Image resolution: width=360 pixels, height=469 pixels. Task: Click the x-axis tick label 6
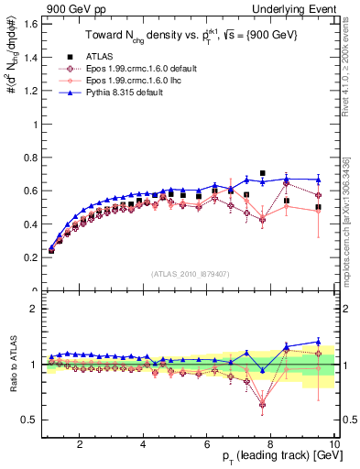point(207,444)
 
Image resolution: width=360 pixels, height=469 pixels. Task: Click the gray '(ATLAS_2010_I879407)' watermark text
point(189,275)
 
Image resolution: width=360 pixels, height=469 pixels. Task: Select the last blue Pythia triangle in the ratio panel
point(318,342)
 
